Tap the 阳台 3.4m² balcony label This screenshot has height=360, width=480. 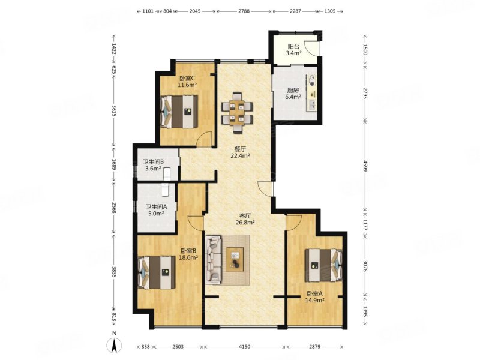[293, 50]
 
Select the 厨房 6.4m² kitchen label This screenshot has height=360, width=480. [293, 94]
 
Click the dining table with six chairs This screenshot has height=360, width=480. [237, 113]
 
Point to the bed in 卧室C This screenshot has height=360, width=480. [179, 112]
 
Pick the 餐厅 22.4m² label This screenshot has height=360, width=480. [241, 152]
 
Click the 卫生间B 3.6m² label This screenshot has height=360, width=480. [153, 166]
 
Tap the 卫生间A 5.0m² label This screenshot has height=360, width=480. [156, 211]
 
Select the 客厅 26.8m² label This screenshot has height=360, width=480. [245, 219]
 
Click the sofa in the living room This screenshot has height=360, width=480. [214, 260]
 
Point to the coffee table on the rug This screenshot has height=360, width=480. [235, 260]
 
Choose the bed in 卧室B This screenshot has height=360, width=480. [157, 272]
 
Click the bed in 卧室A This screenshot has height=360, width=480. [323, 265]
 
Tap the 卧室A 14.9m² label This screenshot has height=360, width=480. [314, 297]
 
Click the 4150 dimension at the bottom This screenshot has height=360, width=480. [244, 347]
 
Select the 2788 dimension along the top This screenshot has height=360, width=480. [244, 11]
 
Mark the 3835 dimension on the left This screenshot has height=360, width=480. [114, 272]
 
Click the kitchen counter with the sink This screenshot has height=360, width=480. [312, 93]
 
